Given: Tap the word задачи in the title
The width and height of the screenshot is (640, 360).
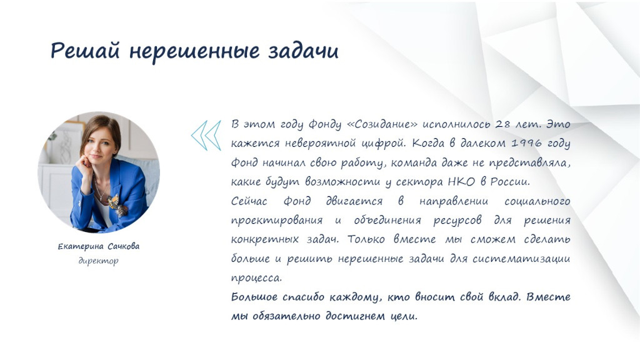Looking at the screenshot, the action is click(303, 51).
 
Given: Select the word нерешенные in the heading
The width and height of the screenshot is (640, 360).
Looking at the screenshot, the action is click(194, 51).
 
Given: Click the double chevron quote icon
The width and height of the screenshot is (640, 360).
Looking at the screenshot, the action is click(206, 135).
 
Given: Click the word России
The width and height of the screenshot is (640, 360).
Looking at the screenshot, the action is click(510, 182).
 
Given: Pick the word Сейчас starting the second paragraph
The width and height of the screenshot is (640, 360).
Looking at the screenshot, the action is click(249, 201).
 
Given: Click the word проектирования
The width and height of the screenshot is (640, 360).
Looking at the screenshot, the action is click(277, 221).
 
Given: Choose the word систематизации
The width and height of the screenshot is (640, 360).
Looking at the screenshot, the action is click(521, 258).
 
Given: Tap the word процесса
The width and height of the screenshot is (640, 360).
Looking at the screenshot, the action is click(256, 278).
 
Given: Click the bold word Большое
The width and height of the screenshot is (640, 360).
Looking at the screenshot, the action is click(254, 297).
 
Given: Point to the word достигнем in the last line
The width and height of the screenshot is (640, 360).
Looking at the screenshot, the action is click(355, 316).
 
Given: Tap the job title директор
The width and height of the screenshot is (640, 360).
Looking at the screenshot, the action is click(98, 261).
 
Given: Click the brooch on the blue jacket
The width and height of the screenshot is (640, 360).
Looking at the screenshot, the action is click(116, 204).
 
